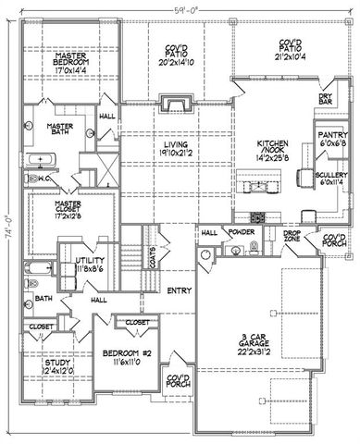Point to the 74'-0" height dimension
coord(7,223)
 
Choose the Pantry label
coord(329,138)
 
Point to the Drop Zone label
coord(292,238)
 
